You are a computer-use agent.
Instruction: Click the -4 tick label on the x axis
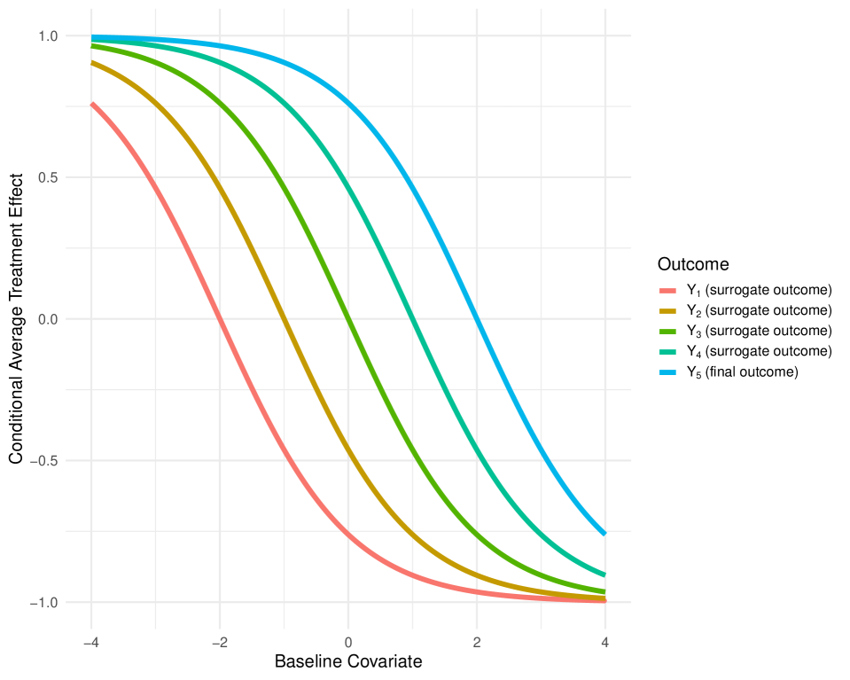tap(91, 643)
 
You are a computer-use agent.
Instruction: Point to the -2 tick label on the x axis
tap(219, 643)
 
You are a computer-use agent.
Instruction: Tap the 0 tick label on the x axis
tap(348, 643)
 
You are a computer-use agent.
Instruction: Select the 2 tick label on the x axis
tap(477, 643)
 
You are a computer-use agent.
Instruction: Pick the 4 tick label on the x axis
tap(604, 643)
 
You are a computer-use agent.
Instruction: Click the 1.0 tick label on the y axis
tap(48, 36)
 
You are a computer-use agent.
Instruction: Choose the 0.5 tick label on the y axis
tap(48, 177)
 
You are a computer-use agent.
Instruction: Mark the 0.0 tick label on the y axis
tap(48, 319)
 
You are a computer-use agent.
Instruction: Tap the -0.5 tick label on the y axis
tap(45, 461)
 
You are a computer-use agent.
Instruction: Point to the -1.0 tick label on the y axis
tap(45, 603)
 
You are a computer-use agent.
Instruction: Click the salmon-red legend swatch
tap(667, 291)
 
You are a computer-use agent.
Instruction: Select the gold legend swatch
tap(667, 311)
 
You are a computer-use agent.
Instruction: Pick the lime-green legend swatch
tap(667, 332)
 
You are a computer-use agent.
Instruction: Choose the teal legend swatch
tap(667, 352)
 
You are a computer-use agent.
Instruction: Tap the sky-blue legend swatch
tap(667, 372)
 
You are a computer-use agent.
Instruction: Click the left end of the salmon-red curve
tap(92, 104)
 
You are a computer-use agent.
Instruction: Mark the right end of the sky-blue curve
tap(604, 534)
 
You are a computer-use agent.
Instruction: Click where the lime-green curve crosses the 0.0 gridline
tap(348, 319)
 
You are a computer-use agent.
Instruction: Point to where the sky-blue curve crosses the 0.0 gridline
tap(477, 319)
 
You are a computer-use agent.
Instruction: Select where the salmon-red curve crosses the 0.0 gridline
tap(220, 319)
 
